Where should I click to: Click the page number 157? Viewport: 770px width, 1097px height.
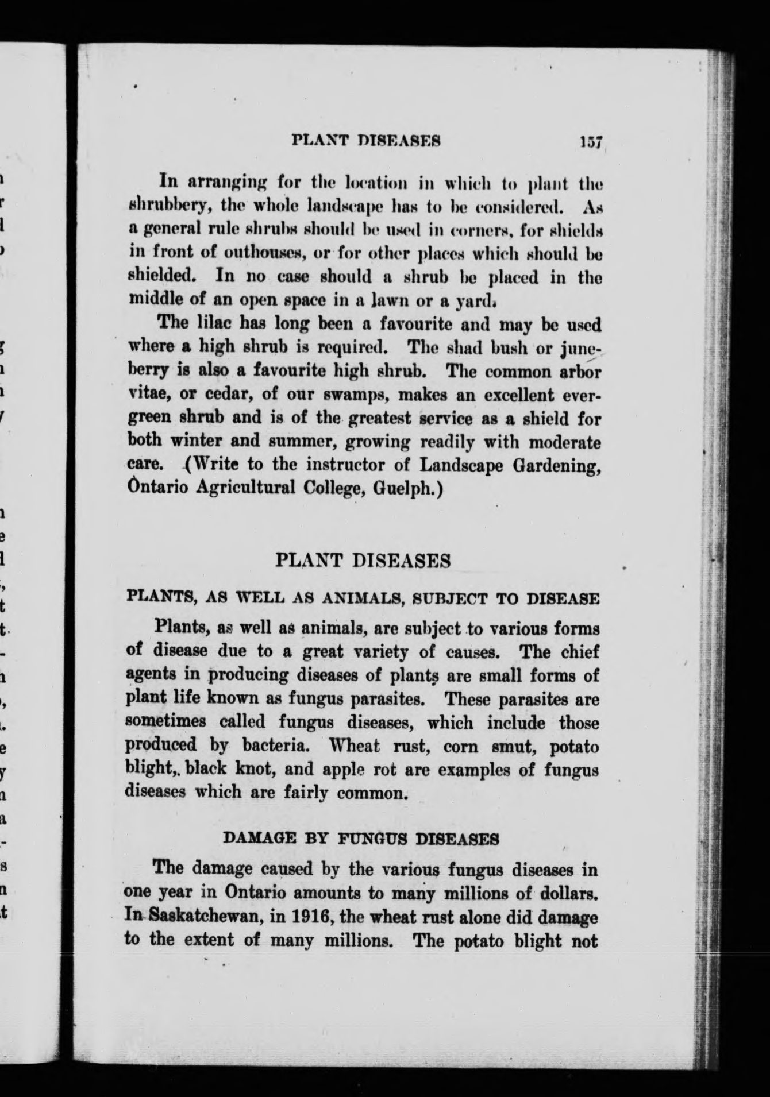590,141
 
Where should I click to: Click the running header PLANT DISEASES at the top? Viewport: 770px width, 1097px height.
366,141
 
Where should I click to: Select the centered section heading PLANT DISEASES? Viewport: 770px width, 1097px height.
363,561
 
